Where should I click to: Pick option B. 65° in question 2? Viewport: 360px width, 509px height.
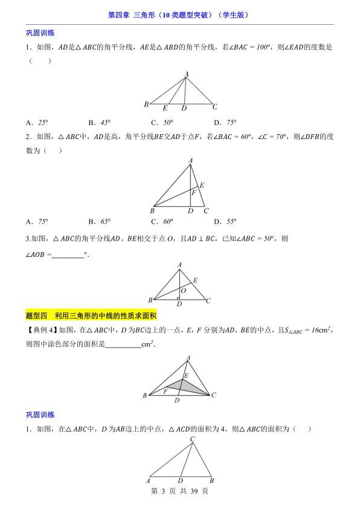(x=99, y=221)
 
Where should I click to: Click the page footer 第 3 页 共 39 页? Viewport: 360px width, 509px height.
(x=179, y=491)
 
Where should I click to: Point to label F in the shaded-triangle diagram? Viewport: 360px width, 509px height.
(x=166, y=392)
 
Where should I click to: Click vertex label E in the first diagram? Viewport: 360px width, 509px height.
(x=165, y=108)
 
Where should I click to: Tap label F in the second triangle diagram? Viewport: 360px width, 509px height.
(x=194, y=193)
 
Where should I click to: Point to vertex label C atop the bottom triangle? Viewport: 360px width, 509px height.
(x=193, y=439)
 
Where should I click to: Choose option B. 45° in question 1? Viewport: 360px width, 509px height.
(x=99, y=122)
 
